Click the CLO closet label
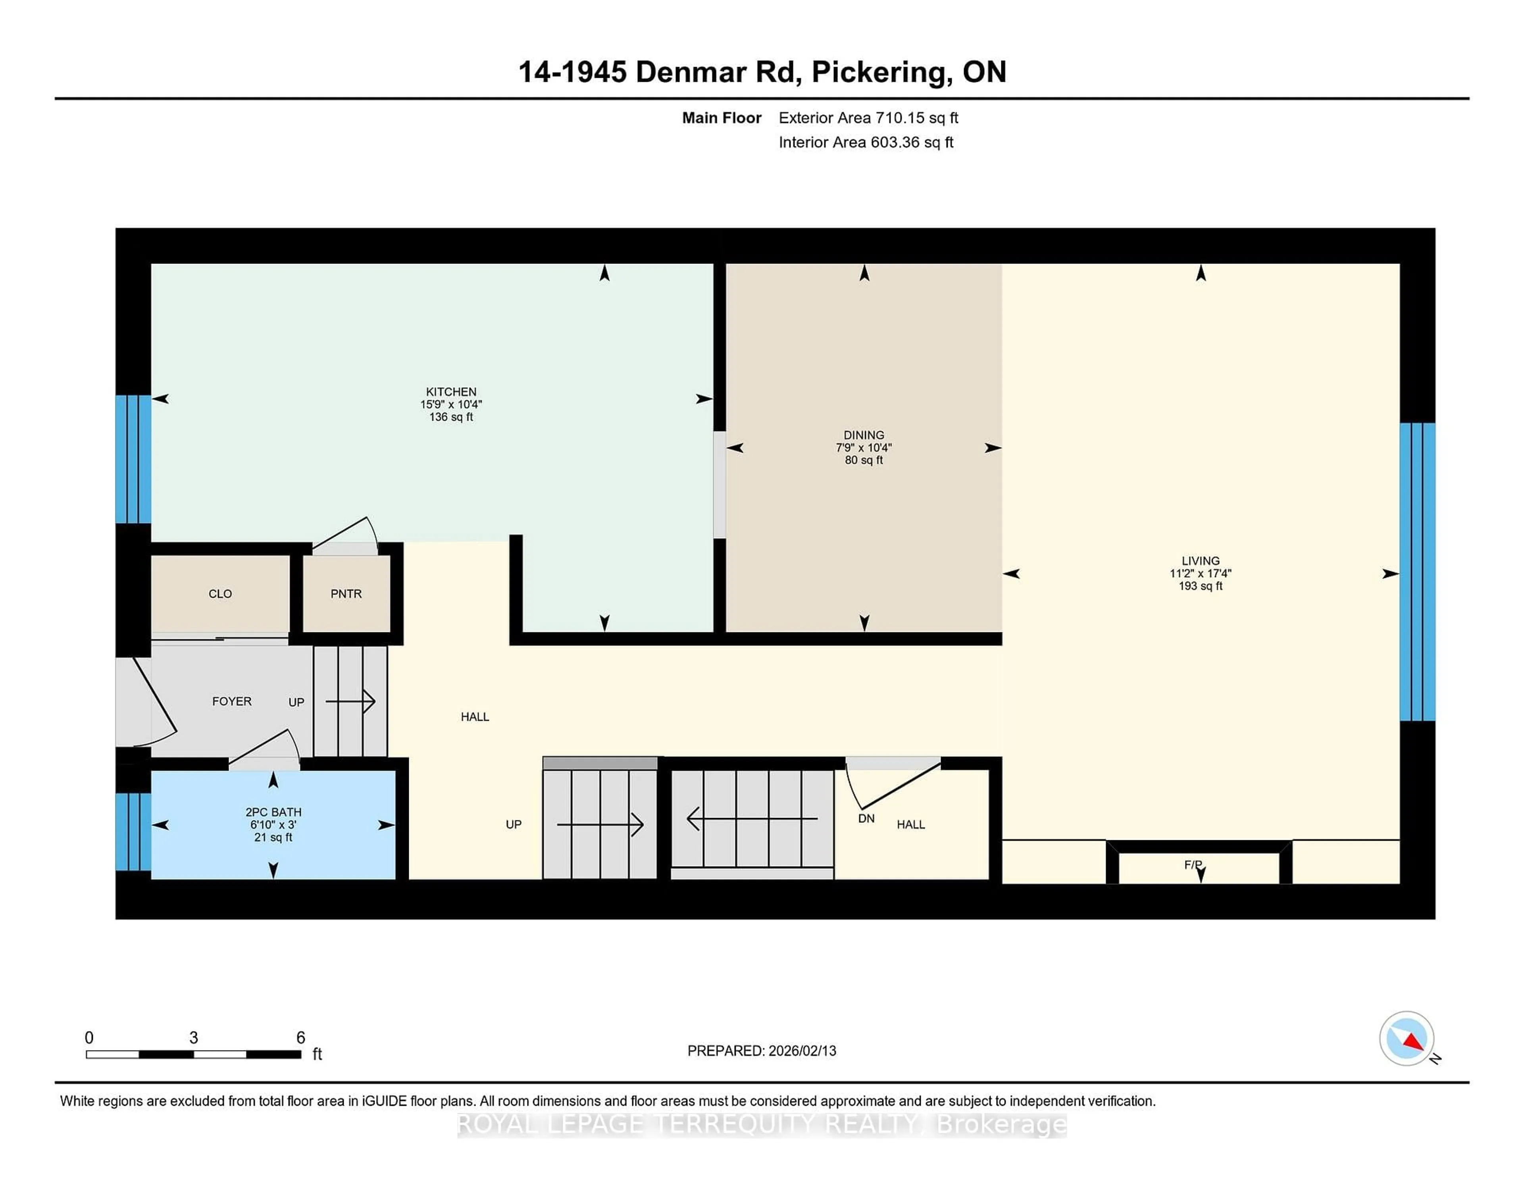click(x=220, y=594)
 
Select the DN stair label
click(x=866, y=818)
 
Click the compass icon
click(x=1406, y=1038)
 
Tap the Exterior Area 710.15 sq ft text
click(x=868, y=118)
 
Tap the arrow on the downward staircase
click(x=752, y=818)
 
